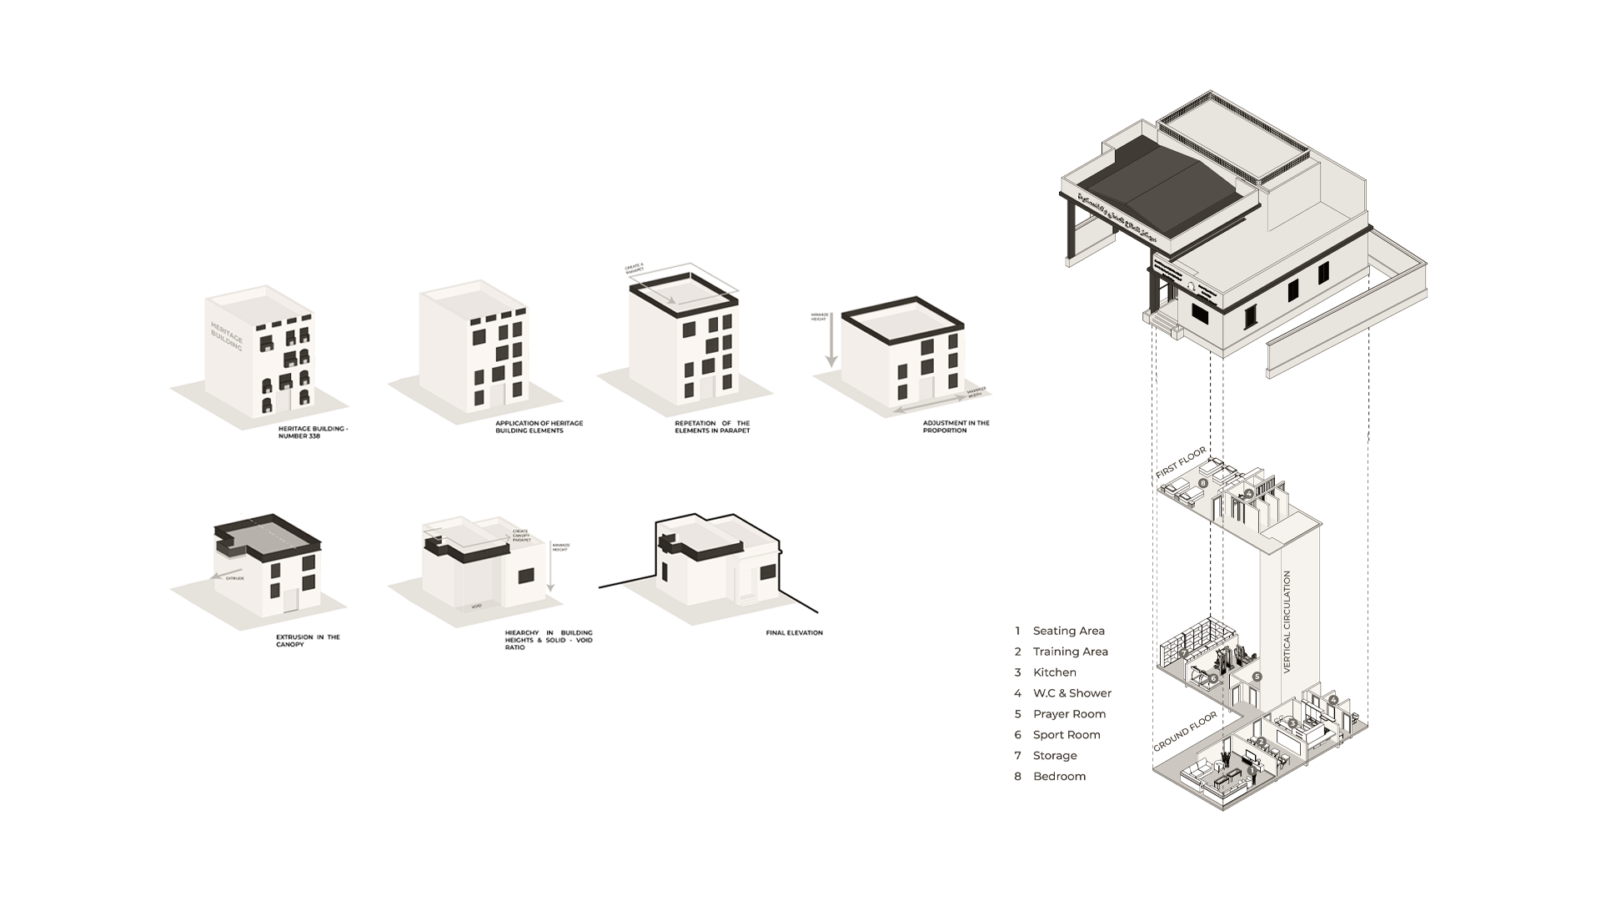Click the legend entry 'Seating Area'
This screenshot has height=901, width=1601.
[1068, 631]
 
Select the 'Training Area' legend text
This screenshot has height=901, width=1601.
[1070, 652]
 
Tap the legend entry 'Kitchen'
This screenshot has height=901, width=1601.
[1054, 672]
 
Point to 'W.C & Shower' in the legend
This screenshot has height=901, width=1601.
[1072, 693]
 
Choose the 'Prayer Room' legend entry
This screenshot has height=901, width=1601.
[1069, 714]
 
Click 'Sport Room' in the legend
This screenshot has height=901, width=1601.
[1066, 735]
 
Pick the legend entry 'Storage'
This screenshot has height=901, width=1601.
[1055, 756]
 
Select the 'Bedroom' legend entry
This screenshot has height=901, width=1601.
[1059, 777]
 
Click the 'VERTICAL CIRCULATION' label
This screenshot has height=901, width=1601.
[1287, 622]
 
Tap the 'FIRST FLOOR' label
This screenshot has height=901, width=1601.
[1181, 463]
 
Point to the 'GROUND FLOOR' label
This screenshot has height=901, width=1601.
[1185, 732]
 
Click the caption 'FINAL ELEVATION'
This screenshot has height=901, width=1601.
[794, 633]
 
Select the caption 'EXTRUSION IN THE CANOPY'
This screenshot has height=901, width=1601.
[308, 641]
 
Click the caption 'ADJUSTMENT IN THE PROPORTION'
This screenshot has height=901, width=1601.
[956, 426]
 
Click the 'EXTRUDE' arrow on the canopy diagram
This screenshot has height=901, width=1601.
[222, 576]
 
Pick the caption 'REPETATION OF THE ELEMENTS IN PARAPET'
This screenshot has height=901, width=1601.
[712, 426]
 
